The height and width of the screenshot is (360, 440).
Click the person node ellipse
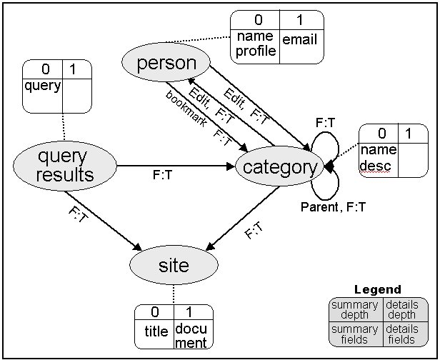coord(166,63)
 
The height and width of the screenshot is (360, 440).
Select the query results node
coord(64,166)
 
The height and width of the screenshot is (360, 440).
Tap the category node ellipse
coord(279,167)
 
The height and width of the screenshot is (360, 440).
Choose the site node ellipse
coord(174,266)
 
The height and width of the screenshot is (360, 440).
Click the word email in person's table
coord(299,41)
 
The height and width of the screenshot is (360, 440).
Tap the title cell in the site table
coord(155,331)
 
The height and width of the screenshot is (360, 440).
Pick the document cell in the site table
coord(191,336)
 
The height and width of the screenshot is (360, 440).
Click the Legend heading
coord(378,290)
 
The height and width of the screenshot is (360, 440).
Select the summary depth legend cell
coord(355,310)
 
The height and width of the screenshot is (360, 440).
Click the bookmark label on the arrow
coord(187,109)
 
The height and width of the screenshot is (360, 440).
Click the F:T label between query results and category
coord(162,174)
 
